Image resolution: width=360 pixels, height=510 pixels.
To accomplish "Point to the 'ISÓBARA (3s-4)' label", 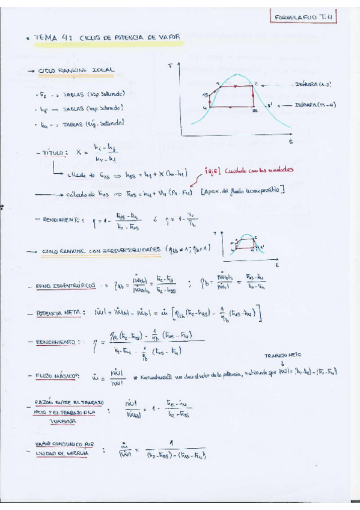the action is point(317,104).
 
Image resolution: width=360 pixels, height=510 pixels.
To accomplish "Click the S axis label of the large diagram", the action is point(291,142).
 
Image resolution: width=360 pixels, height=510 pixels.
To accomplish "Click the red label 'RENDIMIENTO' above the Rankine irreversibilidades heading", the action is point(61,220).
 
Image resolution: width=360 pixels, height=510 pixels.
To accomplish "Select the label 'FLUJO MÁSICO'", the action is point(59,376).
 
